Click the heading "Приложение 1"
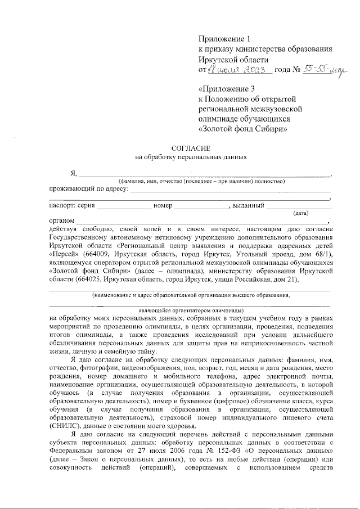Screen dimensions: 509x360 (x=223, y=39)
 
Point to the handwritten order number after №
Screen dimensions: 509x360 (x=326, y=70)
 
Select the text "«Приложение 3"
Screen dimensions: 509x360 (x=227, y=89)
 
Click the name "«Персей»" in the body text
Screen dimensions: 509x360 (x=65, y=255)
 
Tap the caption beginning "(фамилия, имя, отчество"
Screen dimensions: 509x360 (x=201, y=181)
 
